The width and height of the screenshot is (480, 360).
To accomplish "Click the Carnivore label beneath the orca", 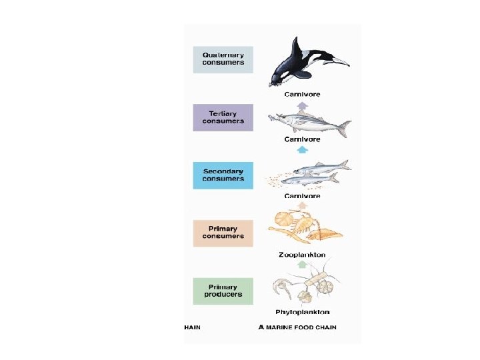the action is point(302,94).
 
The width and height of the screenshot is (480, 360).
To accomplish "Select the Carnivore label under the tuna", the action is point(302,139).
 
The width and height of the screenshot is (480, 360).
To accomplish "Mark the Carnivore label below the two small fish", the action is point(302,196).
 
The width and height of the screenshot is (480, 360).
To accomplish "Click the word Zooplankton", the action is point(302,255).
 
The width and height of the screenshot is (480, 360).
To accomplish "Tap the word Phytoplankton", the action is point(302,312).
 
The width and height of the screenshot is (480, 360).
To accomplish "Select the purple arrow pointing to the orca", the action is point(302,105).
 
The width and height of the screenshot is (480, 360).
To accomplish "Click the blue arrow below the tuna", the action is point(302,149).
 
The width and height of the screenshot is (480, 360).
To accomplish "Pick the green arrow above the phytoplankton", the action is point(302,265).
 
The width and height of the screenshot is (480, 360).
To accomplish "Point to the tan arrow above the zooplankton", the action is point(302,206).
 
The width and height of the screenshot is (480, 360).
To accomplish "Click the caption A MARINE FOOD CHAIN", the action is point(297,327).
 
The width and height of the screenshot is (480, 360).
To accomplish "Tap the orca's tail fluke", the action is point(340,62).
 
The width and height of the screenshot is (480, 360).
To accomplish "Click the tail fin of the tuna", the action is point(344,126).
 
